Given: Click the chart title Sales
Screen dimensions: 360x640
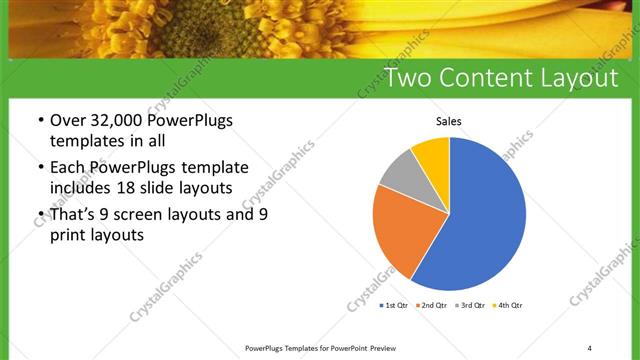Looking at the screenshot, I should point(447,122).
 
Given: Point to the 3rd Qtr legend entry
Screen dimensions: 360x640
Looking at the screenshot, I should point(470,305).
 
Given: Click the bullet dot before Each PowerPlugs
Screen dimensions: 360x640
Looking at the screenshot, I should point(40,167).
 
